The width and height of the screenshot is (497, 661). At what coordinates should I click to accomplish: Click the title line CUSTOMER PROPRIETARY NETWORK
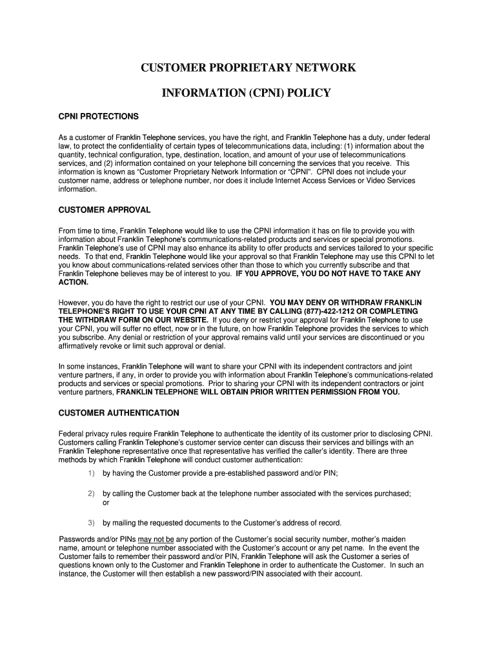[249, 68]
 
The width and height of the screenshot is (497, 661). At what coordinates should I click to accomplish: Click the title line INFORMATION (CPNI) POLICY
[246, 94]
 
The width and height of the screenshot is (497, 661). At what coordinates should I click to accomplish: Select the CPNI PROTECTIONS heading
[98, 117]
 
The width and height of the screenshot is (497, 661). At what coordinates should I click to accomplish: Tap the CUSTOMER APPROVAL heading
[105, 210]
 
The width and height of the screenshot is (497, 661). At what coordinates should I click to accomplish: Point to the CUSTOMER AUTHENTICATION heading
[119, 413]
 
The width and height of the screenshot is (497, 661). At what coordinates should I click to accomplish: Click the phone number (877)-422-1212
[340, 310]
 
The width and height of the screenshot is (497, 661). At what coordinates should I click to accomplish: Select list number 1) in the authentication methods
[91, 473]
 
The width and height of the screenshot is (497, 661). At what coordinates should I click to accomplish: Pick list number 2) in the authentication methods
[91, 494]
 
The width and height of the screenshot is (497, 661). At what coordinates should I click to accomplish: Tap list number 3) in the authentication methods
[91, 523]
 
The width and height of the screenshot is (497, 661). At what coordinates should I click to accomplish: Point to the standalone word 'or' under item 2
[107, 502]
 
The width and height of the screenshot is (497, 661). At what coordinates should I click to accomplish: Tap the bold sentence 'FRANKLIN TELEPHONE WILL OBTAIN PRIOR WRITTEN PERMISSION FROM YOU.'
[258, 392]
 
